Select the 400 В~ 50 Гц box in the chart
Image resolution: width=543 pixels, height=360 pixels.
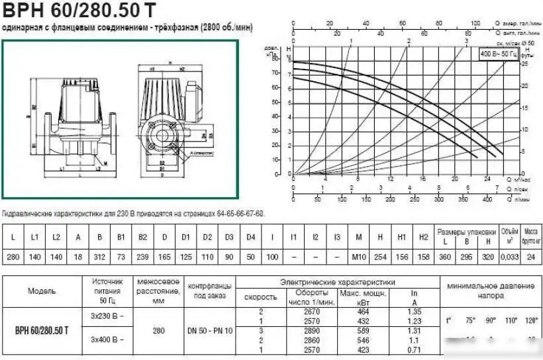[498, 53]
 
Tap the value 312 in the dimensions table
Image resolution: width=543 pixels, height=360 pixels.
[100, 256]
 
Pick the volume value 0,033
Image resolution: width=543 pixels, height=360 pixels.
[509, 256]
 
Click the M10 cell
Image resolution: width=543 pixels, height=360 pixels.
[358, 256]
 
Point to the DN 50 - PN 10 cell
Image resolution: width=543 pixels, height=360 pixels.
[210, 330]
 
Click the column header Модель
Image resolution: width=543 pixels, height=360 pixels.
[42, 291]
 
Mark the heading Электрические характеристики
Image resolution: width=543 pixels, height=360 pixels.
[338, 281]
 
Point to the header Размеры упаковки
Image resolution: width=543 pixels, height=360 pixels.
[466, 232]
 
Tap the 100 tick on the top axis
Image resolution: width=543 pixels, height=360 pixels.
[474, 24]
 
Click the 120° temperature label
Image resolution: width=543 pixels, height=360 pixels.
[530, 320]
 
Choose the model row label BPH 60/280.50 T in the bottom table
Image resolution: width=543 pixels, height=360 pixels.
[42, 330]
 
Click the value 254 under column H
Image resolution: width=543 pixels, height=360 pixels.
[380, 256]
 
